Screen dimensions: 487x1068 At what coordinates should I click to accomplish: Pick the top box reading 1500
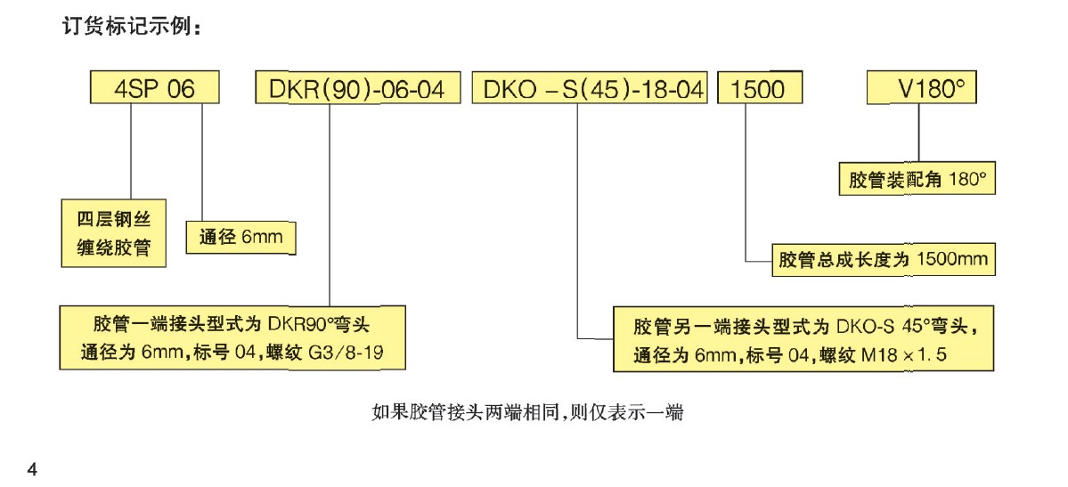759,90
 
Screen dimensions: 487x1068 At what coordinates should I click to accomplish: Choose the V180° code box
929,90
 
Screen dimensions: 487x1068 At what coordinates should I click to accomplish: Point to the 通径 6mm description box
241,239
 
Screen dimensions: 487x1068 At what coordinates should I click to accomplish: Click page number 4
33,469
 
